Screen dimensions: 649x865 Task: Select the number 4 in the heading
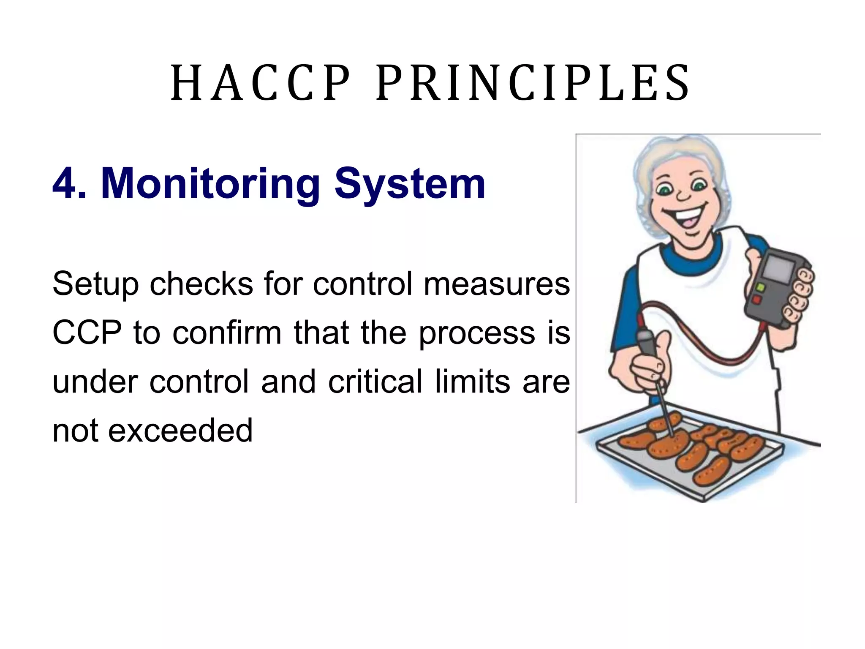64,184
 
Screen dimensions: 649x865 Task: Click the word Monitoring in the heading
210,184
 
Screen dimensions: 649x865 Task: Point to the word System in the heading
410,184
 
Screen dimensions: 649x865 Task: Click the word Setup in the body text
95,284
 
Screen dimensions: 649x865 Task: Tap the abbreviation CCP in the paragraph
87,333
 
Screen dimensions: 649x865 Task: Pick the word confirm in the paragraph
227,333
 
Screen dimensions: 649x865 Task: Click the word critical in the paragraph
375,382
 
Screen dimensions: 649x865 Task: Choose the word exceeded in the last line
180,431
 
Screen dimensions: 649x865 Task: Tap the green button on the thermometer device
761,288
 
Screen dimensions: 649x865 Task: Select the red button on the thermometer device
756,300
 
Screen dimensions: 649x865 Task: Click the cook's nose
683,196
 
